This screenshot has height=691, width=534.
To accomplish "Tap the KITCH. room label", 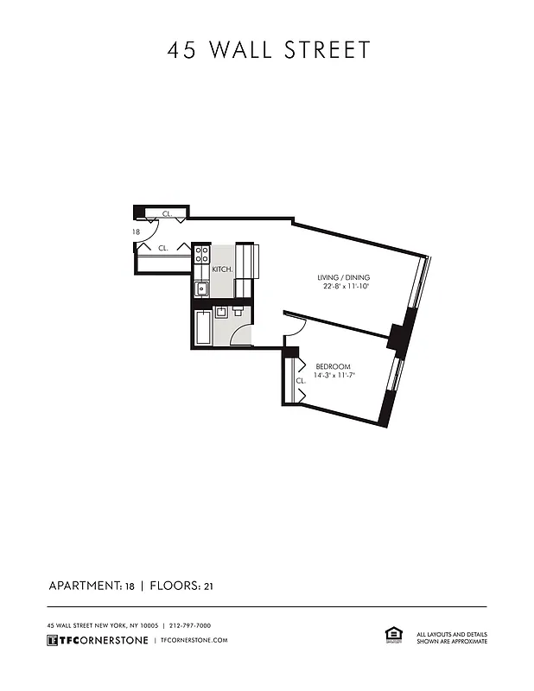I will coord(223,269).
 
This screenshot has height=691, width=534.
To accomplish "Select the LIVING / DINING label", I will coord(346,277).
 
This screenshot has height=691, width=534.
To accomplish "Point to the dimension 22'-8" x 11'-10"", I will coord(346,287).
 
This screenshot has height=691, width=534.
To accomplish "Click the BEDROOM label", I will coord(332,365).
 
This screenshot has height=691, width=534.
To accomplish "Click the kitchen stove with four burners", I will coord(201,255).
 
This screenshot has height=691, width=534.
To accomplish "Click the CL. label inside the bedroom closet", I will coord(301,380).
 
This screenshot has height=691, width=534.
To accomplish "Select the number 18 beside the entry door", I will coord(137,232).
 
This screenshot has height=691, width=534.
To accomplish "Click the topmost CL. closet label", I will coord(167,213).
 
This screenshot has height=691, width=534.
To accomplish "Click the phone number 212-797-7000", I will coord(191,625).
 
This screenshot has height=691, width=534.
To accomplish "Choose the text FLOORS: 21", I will coord(181,586).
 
